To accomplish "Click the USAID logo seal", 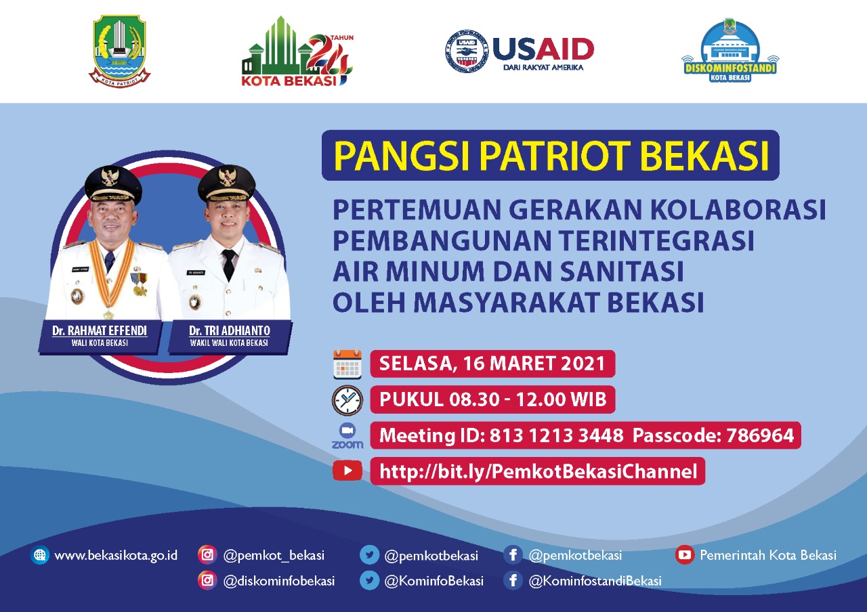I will (467, 51).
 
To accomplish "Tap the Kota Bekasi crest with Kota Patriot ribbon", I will (120, 52).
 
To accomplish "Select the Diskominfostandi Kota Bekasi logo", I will (729, 51).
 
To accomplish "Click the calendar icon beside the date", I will (347, 364).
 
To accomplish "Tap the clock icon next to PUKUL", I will (347, 400).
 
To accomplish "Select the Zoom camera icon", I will (347, 431).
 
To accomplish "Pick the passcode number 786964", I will (759, 435).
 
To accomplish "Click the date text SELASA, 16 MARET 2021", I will (492, 364).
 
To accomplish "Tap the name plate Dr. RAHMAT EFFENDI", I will (100, 331).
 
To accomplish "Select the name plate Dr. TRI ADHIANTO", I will (229, 331).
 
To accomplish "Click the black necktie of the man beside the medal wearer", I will (228, 264).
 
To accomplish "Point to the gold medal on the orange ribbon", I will (108, 313).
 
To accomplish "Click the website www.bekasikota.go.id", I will (116, 555).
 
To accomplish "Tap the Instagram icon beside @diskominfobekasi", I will (207, 580).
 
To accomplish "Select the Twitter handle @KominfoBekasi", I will (433, 581).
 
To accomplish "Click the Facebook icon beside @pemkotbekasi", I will (513, 555).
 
